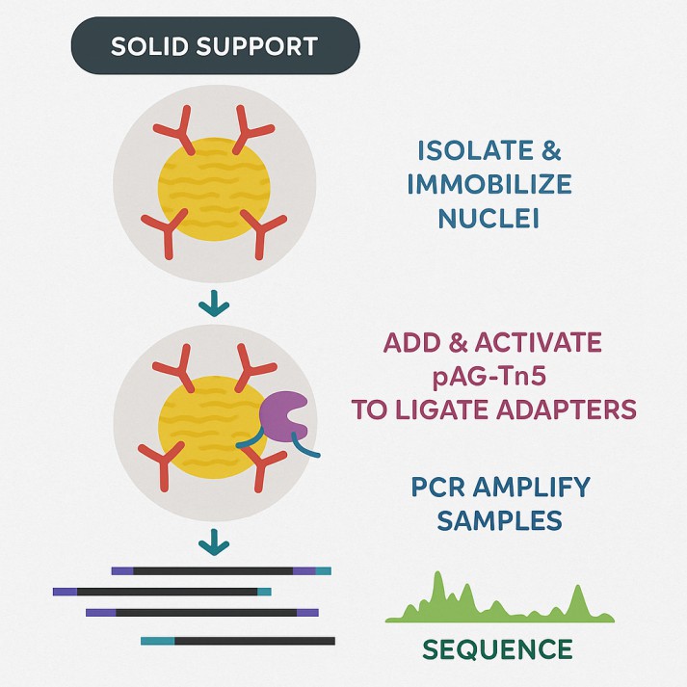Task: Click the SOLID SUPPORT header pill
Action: point(215,45)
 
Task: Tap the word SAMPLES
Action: point(499,520)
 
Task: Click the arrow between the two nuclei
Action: point(213,306)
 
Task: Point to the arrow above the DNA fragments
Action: point(213,545)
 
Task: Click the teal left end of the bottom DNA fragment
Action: point(157,640)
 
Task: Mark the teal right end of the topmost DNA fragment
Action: point(323,571)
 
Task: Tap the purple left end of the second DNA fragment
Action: point(65,592)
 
